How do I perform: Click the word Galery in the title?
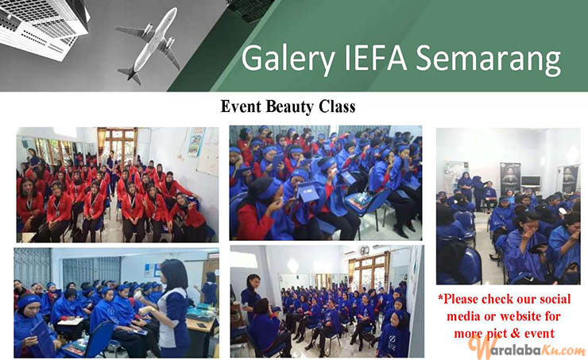point(288,59)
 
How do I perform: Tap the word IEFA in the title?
point(374,57)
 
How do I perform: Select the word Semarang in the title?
point(489,60)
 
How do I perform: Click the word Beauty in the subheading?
point(289,106)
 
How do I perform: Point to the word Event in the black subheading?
point(241,106)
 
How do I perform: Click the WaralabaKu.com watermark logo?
point(526,348)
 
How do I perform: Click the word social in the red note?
point(550,299)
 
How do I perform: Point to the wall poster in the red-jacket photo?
point(195,141)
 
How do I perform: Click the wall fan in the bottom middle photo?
point(364,250)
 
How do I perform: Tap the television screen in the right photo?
point(531,181)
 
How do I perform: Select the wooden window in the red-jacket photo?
point(118,143)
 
